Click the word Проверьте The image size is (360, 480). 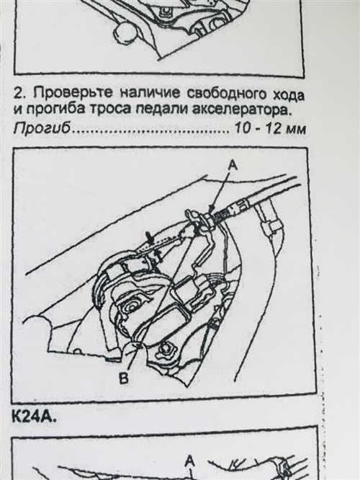tap(63, 95)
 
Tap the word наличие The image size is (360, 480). tap(135, 95)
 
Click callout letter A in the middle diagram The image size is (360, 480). tap(232, 165)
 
